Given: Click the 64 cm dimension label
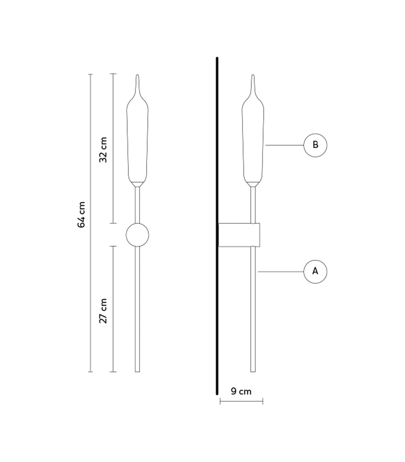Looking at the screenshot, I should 81,215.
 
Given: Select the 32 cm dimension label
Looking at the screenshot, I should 103,150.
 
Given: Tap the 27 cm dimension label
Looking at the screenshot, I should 103,311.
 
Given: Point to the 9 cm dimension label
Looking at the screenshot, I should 241,391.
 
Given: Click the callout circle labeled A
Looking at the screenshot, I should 315,272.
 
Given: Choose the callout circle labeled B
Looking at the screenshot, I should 315,145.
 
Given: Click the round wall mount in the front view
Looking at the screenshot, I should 137,235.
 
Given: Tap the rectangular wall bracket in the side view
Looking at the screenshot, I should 239,235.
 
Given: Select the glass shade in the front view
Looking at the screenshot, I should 137,142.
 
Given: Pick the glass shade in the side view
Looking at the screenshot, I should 253,142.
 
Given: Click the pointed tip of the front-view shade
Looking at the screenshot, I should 137,77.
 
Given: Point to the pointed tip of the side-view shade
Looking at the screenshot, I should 253,77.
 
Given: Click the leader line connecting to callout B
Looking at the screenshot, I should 284,145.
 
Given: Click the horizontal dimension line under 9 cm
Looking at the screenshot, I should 241,402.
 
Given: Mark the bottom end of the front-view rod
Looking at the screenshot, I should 137,370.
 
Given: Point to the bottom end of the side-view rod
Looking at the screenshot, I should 253,370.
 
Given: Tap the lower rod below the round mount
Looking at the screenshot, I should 137,308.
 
